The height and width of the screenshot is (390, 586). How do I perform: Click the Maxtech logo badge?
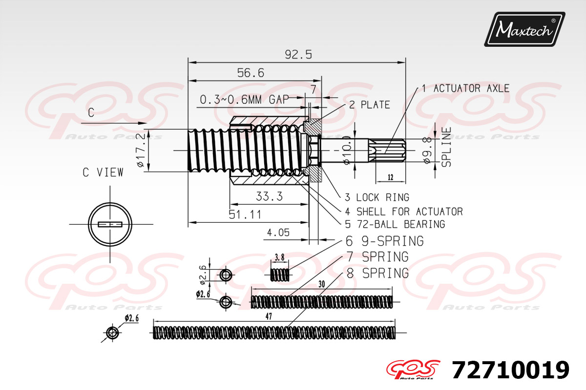tap(524, 29)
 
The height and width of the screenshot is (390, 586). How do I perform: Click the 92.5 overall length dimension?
tap(298, 55)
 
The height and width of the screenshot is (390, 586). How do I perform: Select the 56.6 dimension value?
tap(251, 73)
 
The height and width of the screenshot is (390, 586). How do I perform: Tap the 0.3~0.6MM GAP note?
tap(244, 99)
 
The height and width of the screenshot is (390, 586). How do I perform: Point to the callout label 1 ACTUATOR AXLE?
tap(466, 88)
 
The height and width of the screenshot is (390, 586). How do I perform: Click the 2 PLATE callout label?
tap(370, 105)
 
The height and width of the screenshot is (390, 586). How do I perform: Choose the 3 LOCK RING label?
tap(377, 197)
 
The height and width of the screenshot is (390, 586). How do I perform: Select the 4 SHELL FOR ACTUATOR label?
tap(404, 212)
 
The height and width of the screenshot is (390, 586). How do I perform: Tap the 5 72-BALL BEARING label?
tap(395, 224)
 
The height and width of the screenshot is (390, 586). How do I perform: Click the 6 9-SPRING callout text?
tap(385, 241)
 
